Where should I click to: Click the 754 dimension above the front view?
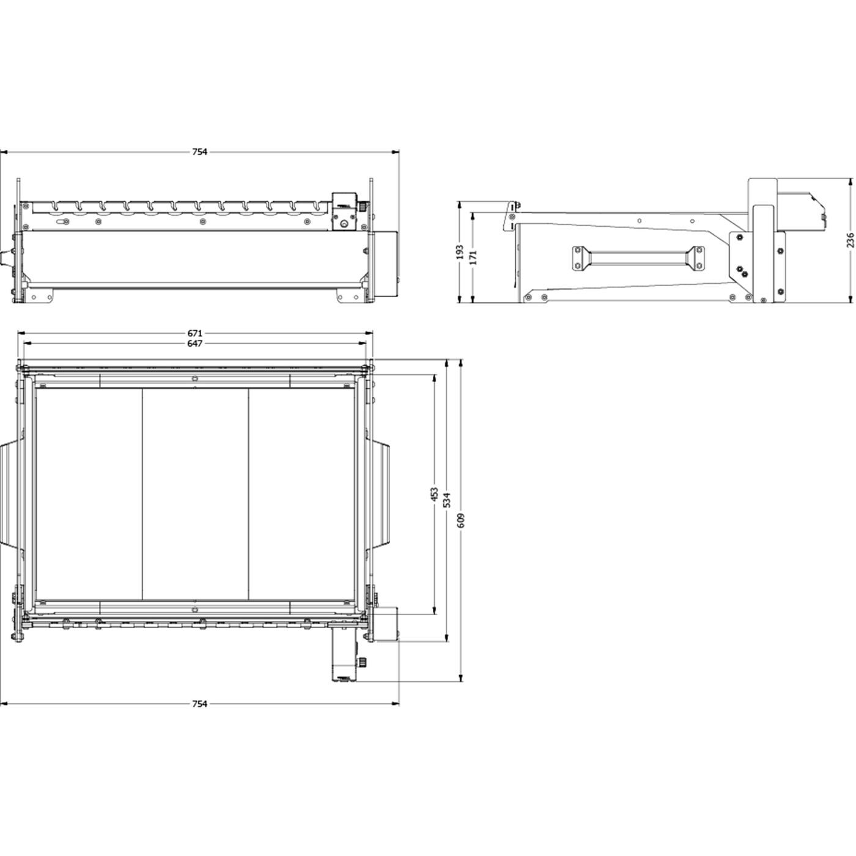point(199,152)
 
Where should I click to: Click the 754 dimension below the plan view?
point(199,704)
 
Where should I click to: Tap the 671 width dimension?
point(194,333)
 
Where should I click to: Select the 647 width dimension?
point(194,344)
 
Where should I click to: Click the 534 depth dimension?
point(448,500)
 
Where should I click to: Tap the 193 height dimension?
point(460,252)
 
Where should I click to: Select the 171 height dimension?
point(473,257)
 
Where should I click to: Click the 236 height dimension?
point(850,240)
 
